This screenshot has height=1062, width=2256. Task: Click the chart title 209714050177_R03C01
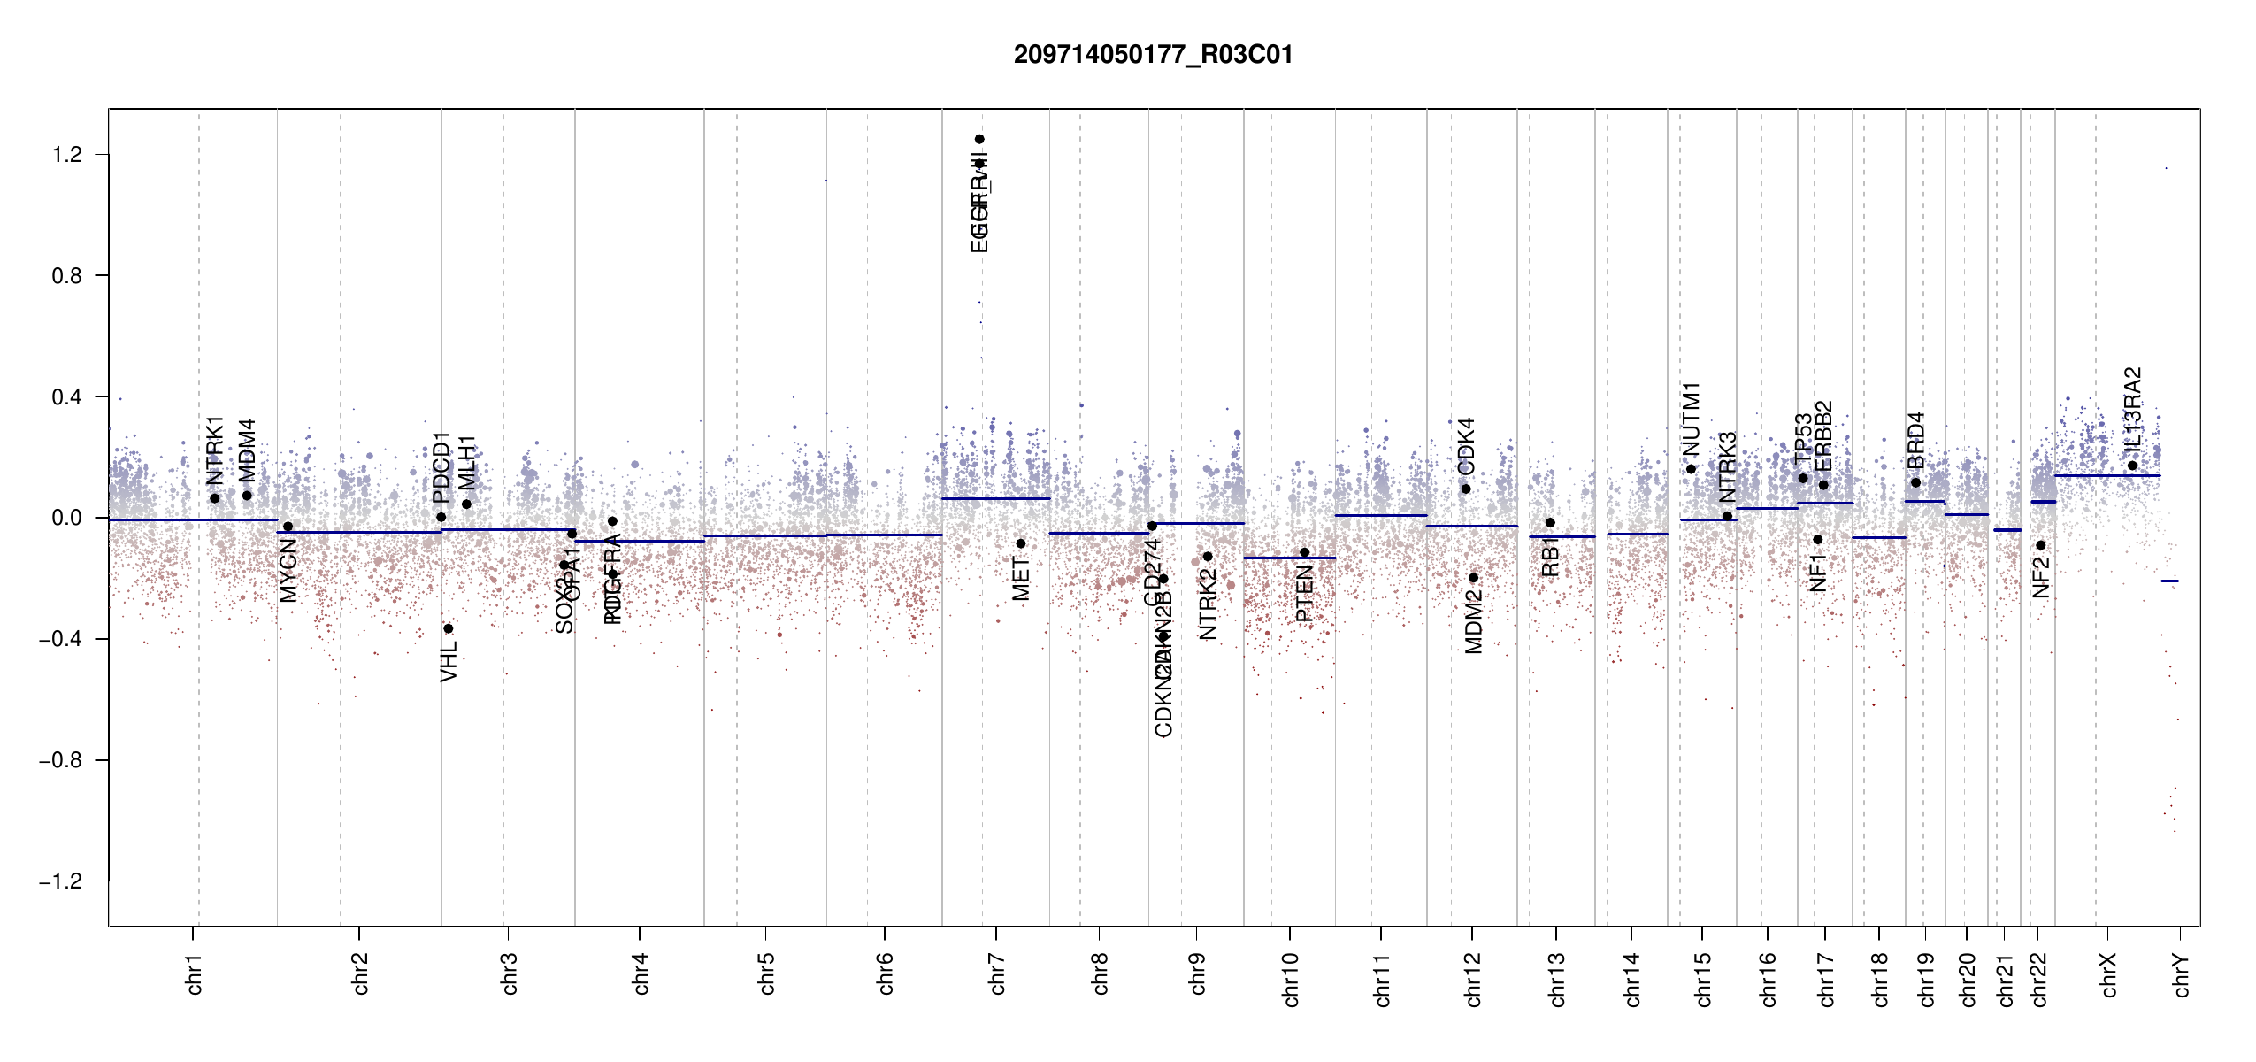[1153, 55]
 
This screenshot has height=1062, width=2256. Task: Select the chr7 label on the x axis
[997, 973]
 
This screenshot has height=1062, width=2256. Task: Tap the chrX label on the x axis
[2108, 975]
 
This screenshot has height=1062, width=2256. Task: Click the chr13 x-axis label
[1557, 979]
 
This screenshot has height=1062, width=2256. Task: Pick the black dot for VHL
[449, 628]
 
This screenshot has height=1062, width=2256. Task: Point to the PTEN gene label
[1304, 594]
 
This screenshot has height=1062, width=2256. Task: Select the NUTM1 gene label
[1691, 419]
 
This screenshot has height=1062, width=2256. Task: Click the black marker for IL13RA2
[2132, 466]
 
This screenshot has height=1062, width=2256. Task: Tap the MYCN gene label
[288, 571]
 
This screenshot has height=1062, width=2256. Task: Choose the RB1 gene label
[1550, 557]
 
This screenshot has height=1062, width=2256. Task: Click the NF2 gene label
[2041, 577]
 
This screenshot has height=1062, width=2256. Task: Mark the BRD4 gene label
[1915, 440]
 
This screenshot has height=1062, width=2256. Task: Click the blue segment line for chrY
[2169, 581]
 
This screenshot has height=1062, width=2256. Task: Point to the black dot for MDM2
[1474, 578]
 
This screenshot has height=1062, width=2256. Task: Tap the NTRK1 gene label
[215, 450]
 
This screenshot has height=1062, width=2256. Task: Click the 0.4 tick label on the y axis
[67, 397]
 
